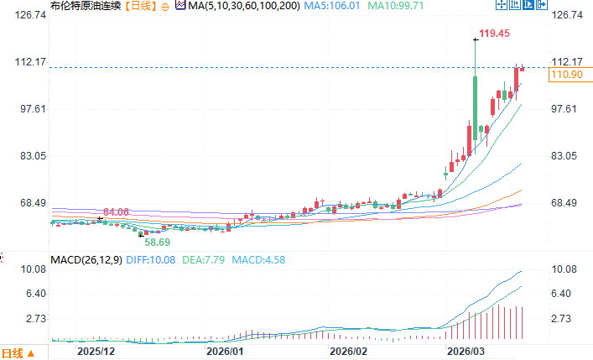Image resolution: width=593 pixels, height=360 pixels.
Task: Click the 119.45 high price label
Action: coord(494,34)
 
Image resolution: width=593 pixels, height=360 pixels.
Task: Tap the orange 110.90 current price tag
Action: coord(565,76)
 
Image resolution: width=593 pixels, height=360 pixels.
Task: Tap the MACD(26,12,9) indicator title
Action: coord(86,260)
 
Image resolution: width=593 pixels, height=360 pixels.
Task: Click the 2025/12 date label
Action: coord(94,351)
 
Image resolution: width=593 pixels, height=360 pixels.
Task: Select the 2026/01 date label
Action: coord(224,351)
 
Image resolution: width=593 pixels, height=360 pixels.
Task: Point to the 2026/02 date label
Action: coord(350,351)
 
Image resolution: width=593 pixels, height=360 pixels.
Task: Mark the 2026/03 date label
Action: coord(466,351)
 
